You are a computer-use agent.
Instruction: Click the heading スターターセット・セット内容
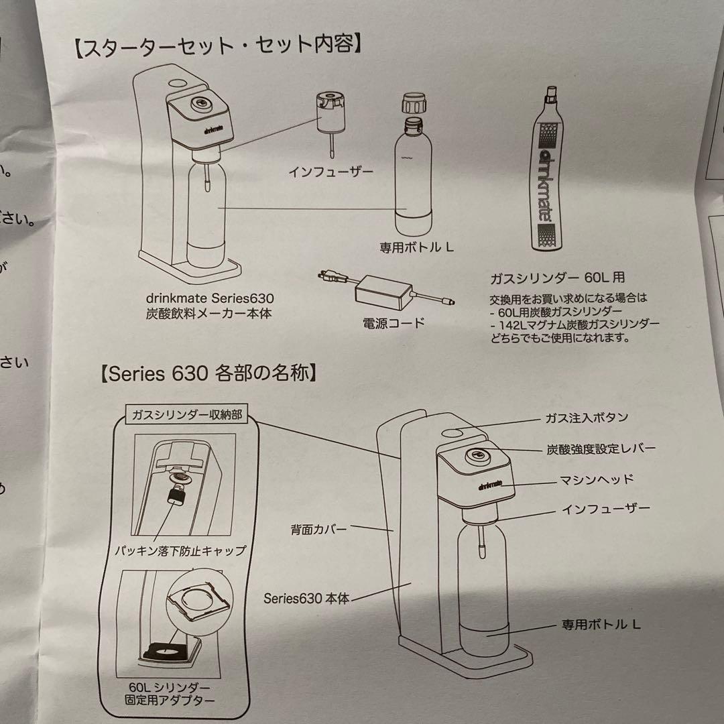click(219, 48)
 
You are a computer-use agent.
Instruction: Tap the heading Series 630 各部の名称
click(208, 373)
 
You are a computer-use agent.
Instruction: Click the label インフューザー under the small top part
click(330, 172)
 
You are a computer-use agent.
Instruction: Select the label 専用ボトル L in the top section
click(416, 247)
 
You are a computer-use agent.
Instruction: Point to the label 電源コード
click(394, 323)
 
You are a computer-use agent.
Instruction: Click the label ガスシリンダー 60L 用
click(558, 278)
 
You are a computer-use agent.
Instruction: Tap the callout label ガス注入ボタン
click(586, 418)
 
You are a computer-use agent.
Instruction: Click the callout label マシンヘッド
click(596, 479)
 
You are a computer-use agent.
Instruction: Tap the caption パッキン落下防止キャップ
click(179, 552)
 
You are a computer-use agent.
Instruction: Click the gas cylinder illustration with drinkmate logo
click(548, 170)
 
